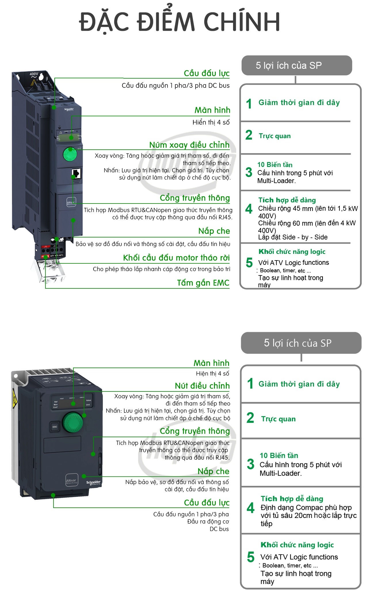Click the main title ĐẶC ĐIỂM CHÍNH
179,22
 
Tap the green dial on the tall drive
70,154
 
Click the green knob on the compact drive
73,422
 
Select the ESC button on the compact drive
55,427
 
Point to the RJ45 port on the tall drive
76,173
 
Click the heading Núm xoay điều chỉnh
189,145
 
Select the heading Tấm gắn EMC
203,283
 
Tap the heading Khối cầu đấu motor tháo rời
176,258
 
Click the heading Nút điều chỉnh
202,386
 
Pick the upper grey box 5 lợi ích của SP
296,65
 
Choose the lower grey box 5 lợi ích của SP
301,343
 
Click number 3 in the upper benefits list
249,172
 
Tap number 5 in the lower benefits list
251,557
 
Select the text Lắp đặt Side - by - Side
293,237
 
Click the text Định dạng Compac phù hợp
306,507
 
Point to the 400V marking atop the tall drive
34,74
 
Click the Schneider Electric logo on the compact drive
94,483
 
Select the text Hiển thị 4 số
211,122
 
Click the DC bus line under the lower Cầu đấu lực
219,529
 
